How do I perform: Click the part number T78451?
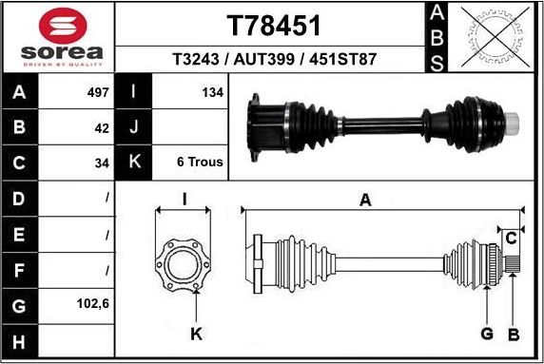[x=274, y=24]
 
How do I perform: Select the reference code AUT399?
[x=274, y=59]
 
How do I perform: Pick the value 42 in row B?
[x=102, y=127]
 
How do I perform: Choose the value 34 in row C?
[x=102, y=163]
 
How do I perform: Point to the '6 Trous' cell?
[x=199, y=163]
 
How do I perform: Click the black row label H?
[x=20, y=340]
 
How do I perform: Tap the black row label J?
[x=134, y=127]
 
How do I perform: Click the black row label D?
[x=20, y=198]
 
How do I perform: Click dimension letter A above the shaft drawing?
[x=365, y=199]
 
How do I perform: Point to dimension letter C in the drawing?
[x=511, y=237]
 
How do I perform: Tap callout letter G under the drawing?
[x=485, y=334]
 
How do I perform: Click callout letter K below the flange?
[x=195, y=334]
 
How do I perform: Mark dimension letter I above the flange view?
[x=184, y=199]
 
